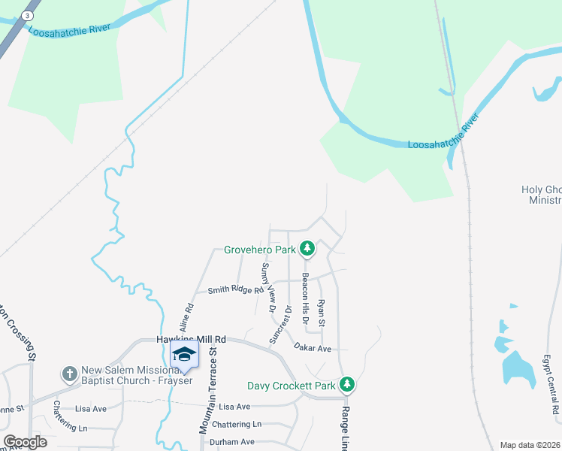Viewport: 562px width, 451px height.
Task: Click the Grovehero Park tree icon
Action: click(307, 248)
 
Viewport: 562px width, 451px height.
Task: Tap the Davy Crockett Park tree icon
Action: click(346, 385)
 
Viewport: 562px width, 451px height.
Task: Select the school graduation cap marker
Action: click(184, 354)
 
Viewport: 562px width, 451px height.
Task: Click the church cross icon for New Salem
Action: click(69, 374)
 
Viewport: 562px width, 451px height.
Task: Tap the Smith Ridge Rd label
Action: click(236, 290)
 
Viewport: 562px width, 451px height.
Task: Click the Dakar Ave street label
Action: click(313, 348)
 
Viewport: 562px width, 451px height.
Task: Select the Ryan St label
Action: click(321, 312)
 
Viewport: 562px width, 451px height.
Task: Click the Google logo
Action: click(25, 442)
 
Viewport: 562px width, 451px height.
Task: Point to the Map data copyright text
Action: click(530, 445)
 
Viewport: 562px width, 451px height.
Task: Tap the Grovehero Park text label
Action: click(260, 249)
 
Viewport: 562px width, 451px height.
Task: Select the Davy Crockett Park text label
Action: click(292, 386)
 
